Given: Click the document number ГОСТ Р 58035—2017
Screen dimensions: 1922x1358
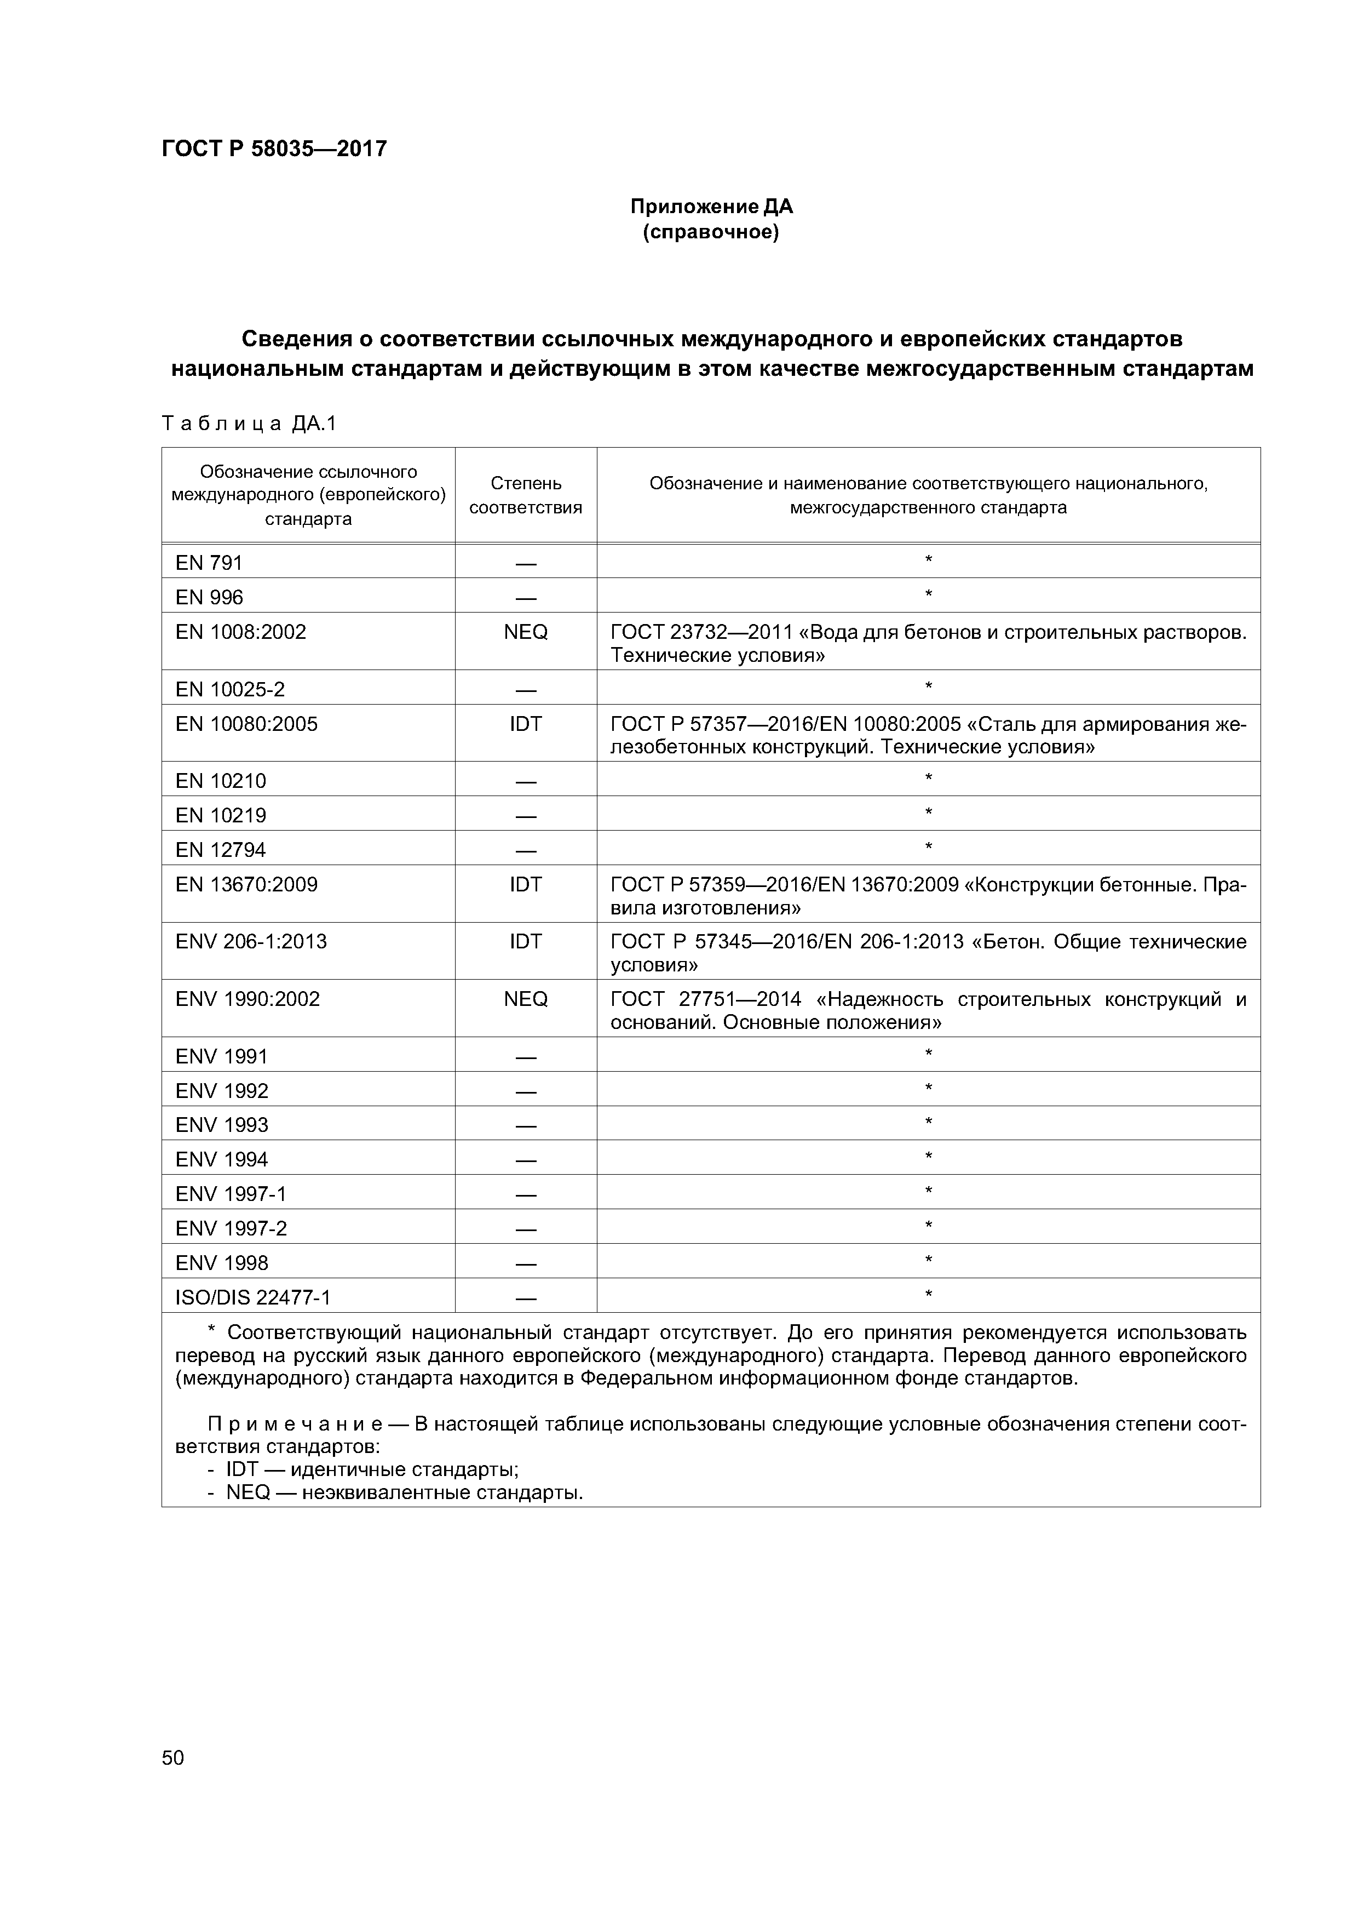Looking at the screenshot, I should coord(274,149).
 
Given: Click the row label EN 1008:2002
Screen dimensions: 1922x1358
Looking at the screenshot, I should coord(241,632).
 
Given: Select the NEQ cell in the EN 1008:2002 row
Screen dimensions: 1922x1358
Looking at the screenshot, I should coord(526,632).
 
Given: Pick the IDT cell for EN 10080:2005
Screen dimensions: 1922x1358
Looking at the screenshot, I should coord(526,724).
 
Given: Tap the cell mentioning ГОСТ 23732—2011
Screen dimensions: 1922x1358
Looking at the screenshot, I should coord(928,643).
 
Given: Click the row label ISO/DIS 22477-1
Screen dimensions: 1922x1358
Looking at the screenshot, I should coord(252,1297).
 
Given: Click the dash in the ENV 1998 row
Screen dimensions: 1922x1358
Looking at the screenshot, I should coord(526,1263).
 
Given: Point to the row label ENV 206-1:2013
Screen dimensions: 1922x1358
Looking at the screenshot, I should coord(251,942).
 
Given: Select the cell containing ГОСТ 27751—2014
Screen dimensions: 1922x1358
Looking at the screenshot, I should coord(928,1010).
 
